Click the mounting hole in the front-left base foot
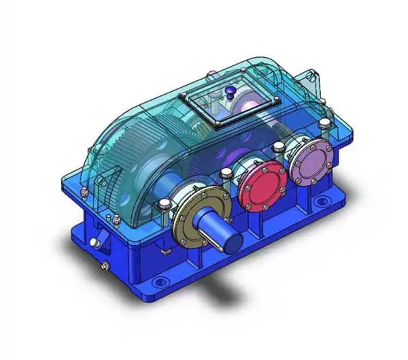160,281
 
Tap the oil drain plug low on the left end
103,265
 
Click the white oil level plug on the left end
96,241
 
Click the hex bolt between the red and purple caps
278,147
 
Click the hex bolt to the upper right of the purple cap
326,124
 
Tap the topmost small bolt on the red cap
260,165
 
